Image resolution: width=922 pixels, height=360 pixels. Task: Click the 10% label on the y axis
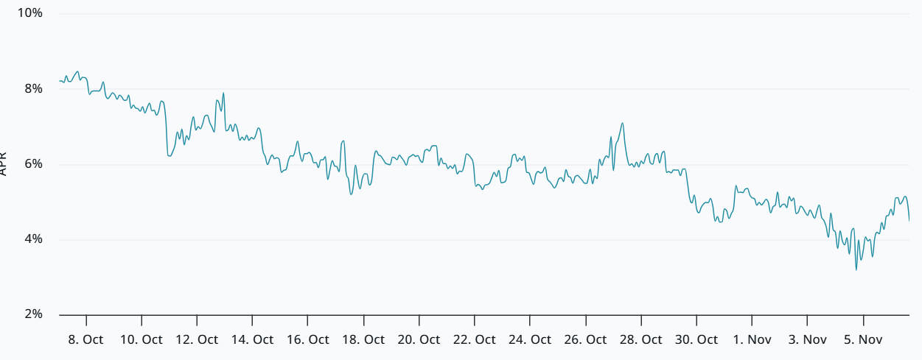[x=29, y=13]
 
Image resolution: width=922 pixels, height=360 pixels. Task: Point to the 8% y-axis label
[x=33, y=88]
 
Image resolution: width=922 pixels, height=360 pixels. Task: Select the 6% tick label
[x=33, y=164]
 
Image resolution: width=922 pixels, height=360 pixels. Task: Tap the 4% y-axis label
[x=33, y=239]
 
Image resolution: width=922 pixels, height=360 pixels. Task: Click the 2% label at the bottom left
[x=33, y=314]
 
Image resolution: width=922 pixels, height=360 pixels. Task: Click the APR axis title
[x=4, y=163]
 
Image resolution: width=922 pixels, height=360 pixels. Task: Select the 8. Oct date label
[x=86, y=339]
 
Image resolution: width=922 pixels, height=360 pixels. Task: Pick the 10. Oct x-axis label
[x=142, y=339]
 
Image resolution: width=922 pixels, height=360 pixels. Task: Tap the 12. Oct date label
[x=197, y=339]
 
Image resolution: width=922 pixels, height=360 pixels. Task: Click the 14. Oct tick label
[x=252, y=339]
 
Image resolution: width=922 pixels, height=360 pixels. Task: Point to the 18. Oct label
[x=363, y=339]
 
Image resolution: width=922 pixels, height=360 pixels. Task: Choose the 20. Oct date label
[x=419, y=339]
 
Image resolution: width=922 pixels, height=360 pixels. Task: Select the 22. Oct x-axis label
[x=475, y=339]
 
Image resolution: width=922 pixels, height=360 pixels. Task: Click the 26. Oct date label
[x=585, y=339]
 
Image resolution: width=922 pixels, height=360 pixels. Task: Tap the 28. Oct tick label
[x=640, y=339]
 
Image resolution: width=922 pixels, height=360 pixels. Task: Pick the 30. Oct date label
[x=696, y=339]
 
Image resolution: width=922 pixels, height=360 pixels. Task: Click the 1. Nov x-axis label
[x=752, y=339]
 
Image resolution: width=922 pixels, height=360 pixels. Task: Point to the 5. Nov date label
[x=863, y=339]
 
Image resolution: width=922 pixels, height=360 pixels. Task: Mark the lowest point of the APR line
[x=856, y=270]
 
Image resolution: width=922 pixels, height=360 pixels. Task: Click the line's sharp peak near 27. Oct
[x=623, y=123]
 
